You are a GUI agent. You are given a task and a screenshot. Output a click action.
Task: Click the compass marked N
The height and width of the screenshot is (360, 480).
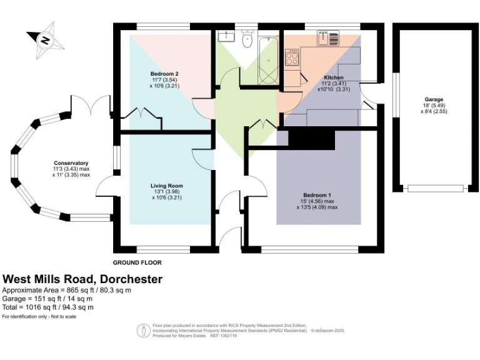45,39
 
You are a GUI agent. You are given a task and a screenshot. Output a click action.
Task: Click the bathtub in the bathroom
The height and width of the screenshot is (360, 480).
268,60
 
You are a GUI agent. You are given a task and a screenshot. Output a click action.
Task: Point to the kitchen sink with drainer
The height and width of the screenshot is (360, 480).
329,37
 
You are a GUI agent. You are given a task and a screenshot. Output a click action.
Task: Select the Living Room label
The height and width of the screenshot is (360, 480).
166,186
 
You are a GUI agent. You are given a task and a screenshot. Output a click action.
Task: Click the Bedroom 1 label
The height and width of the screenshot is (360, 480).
317,195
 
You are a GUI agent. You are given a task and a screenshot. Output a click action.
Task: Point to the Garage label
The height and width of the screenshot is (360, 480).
434,100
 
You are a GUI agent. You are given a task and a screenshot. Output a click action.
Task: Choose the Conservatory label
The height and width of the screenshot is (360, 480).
71,163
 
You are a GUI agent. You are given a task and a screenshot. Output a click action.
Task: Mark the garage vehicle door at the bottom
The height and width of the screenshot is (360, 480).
435,187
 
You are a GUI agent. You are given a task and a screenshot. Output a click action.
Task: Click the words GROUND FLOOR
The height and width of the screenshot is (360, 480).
137,262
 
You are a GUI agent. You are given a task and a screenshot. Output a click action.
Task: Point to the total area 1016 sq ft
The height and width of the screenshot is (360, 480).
48,307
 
